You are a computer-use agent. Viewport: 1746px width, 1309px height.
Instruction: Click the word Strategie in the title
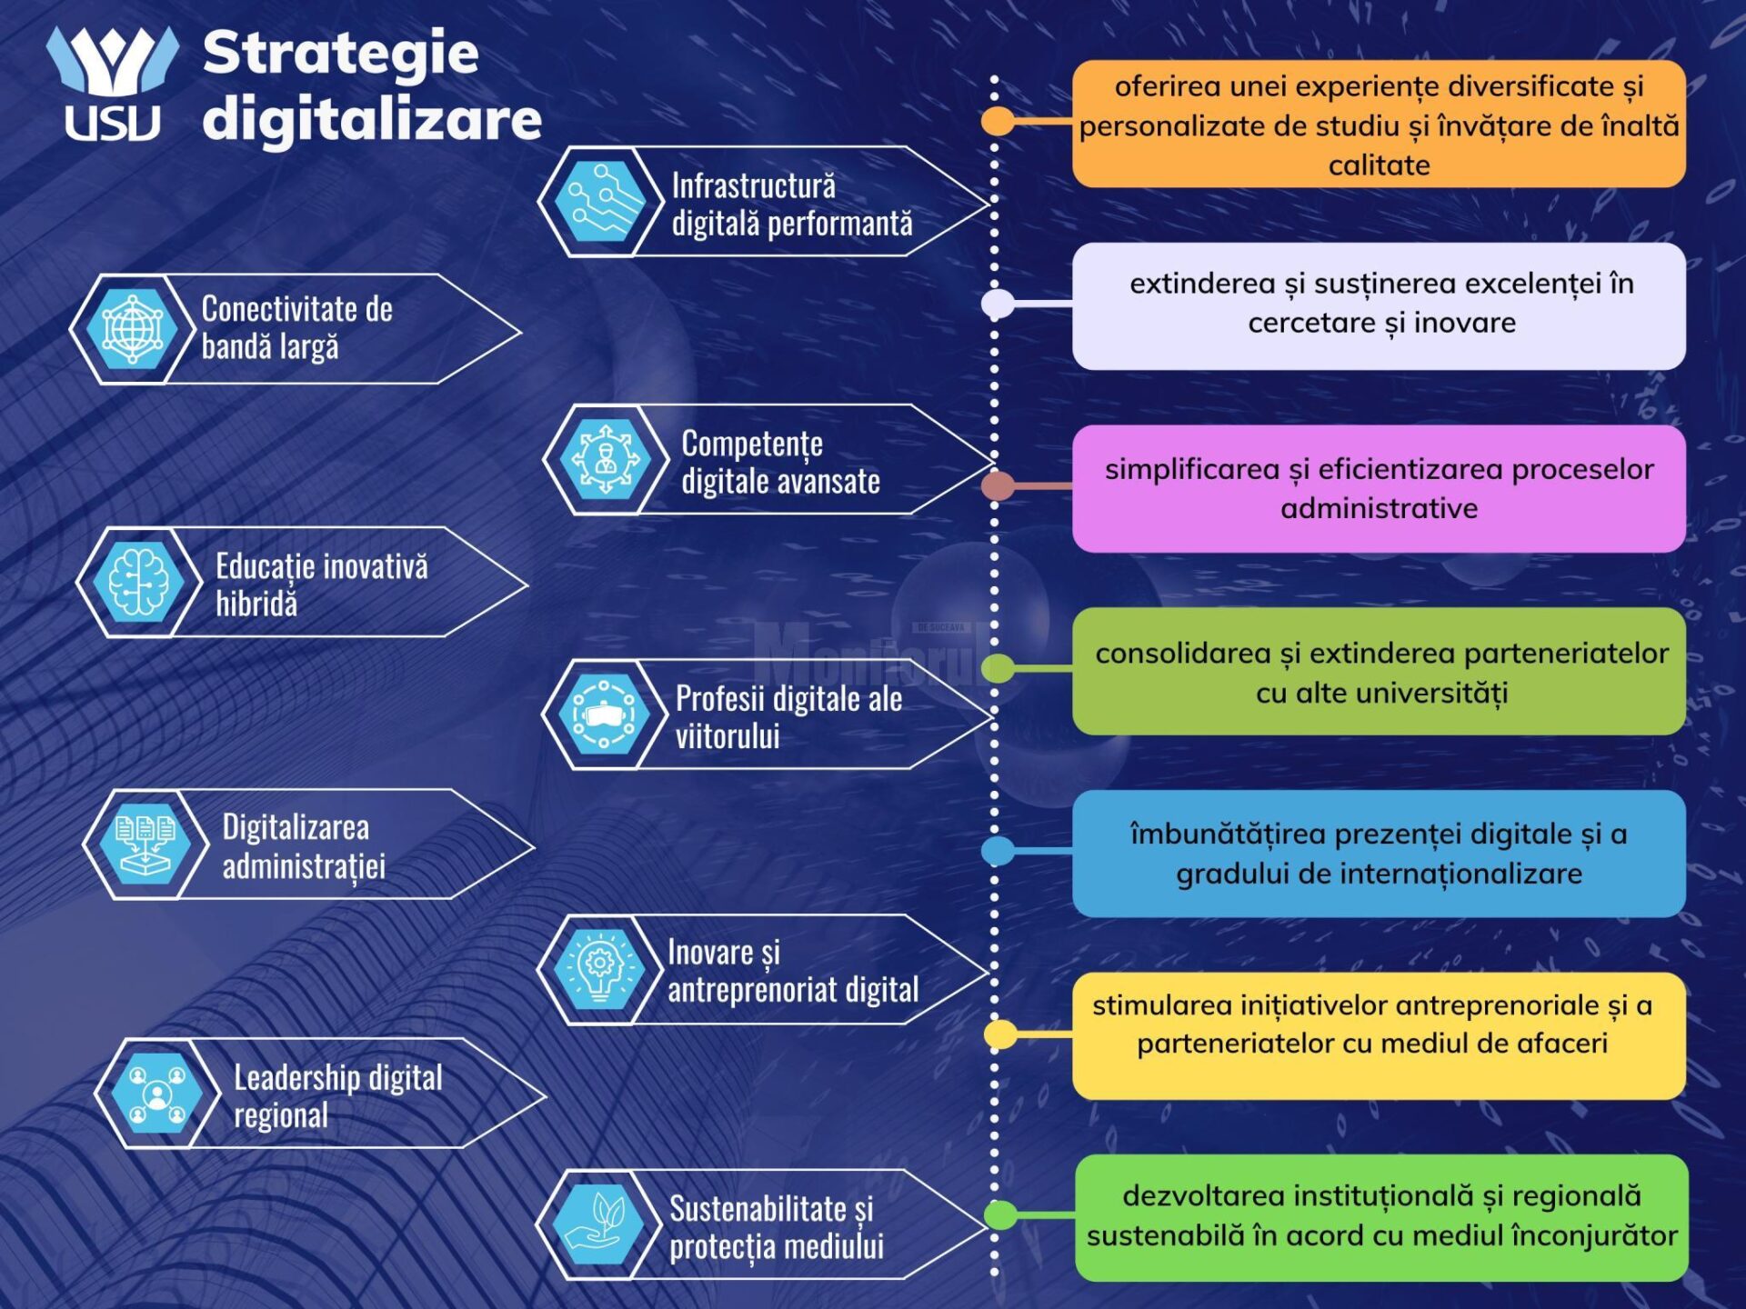[x=340, y=54]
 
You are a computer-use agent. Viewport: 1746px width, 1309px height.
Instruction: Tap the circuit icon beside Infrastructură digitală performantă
[x=600, y=202]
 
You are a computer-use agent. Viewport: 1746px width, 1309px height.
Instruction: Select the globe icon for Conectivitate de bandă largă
[x=133, y=329]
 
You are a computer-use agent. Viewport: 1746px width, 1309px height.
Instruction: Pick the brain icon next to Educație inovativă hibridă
[x=138, y=583]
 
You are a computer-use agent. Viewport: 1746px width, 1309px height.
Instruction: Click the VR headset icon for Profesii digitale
[x=605, y=714]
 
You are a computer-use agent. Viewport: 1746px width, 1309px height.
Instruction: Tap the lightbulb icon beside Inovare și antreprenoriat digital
[x=599, y=970]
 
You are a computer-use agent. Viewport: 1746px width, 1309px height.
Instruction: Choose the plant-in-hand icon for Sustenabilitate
[x=597, y=1224]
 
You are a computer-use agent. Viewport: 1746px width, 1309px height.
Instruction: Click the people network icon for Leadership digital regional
[x=156, y=1094]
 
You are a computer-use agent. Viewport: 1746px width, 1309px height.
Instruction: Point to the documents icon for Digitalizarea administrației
[x=145, y=844]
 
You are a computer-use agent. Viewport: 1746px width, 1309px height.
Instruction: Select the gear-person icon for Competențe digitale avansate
[x=606, y=460]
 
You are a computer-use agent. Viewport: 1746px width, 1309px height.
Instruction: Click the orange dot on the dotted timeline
[x=998, y=121]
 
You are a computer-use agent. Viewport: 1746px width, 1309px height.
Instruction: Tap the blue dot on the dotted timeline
[x=998, y=851]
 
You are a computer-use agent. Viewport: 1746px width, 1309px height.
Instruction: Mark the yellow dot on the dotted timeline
[x=1000, y=1034]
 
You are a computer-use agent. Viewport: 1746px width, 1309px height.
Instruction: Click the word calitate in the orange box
[x=1380, y=165]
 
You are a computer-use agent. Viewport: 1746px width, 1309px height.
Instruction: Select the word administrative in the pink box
[x=1380, y=508]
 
